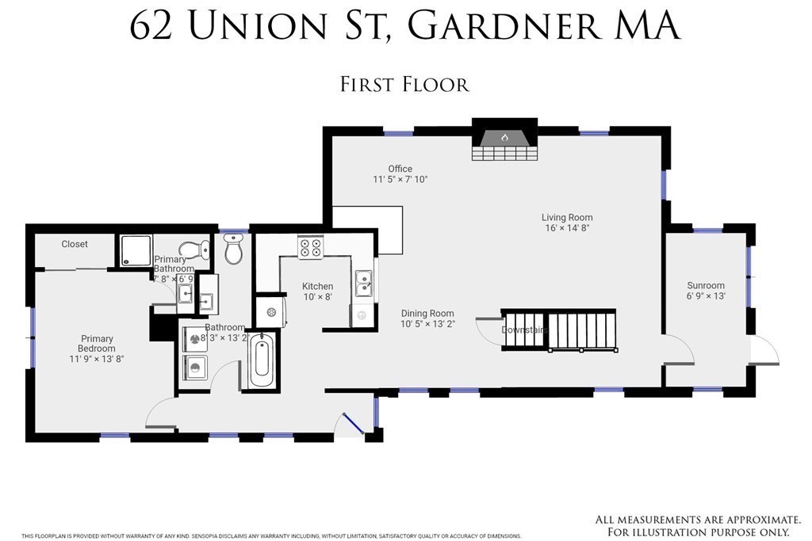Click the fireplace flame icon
coord(504,138)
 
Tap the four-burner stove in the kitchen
coord(309,248)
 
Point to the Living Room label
coord(567,217)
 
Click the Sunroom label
coord(706,285)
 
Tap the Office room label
coord(400,169)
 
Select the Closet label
coord(75,244)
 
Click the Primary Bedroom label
coord(96,343)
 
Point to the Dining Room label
coord(427,313)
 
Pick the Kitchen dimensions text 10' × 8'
coord(317,297)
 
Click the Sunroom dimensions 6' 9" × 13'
coord(706,296)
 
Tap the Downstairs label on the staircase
coord(523,330)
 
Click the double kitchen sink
coord(364,281)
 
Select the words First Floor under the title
coord(404,83)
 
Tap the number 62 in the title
coord(153,26)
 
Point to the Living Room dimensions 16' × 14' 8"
coord(567,227)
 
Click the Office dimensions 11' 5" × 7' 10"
coord(400,180)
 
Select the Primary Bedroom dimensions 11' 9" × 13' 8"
coord(96,359)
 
